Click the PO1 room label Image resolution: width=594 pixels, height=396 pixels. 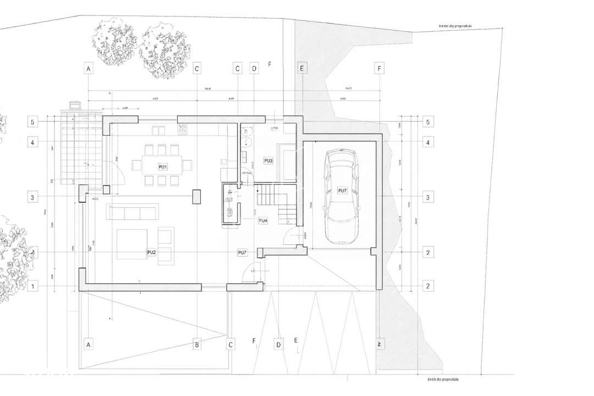(162, 167)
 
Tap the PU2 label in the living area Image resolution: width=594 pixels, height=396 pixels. (151, 252)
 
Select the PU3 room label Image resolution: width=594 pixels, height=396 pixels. (268, 161)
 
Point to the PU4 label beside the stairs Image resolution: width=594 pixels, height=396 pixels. (263, 221)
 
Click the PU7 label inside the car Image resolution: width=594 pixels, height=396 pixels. (342, 191)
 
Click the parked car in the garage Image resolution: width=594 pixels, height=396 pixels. (341, 198)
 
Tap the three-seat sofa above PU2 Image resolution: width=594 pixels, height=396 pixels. (133, 212)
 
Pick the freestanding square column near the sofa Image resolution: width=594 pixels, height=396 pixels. (196, 196)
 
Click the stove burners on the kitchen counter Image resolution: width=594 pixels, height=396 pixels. (182, 130)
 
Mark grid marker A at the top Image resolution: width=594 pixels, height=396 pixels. (88, 69)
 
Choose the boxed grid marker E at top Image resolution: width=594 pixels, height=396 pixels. (301, 69)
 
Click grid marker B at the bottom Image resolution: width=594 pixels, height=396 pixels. (197, 345)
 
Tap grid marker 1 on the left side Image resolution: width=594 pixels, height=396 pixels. (33, 286)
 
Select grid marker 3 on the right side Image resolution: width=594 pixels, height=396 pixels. (427, 197)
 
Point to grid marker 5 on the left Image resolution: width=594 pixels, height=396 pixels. (33, 122)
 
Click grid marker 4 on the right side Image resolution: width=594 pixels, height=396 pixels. (427, 142)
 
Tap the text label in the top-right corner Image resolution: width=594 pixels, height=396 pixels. (456, 26)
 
